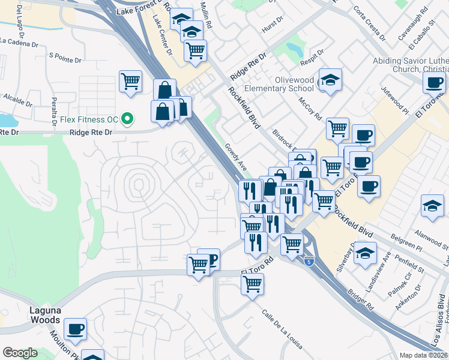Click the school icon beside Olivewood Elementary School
(330, 80)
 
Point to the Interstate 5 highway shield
(309, 262)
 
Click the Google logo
(20, 353)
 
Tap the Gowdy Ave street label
(236, 156)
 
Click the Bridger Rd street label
(360, 300)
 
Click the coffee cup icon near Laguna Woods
(75, 329)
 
